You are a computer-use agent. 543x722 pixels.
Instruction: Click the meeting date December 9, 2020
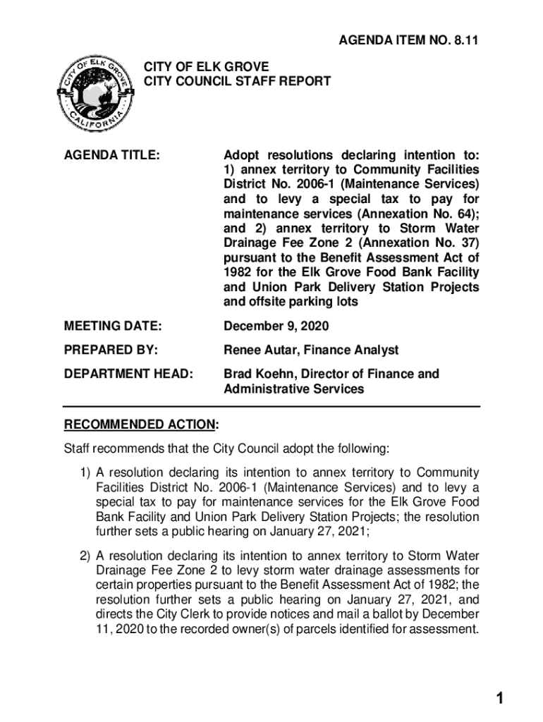276,326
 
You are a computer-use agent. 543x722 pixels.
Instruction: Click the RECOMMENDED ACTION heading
140,424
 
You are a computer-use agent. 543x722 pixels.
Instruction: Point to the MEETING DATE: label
113,326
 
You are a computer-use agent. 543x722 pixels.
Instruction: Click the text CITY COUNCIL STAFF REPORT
238,82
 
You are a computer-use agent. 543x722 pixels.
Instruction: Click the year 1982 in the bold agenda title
238,272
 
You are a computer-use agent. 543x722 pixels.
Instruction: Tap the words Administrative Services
294,389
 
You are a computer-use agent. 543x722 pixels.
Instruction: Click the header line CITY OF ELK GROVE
207,67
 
